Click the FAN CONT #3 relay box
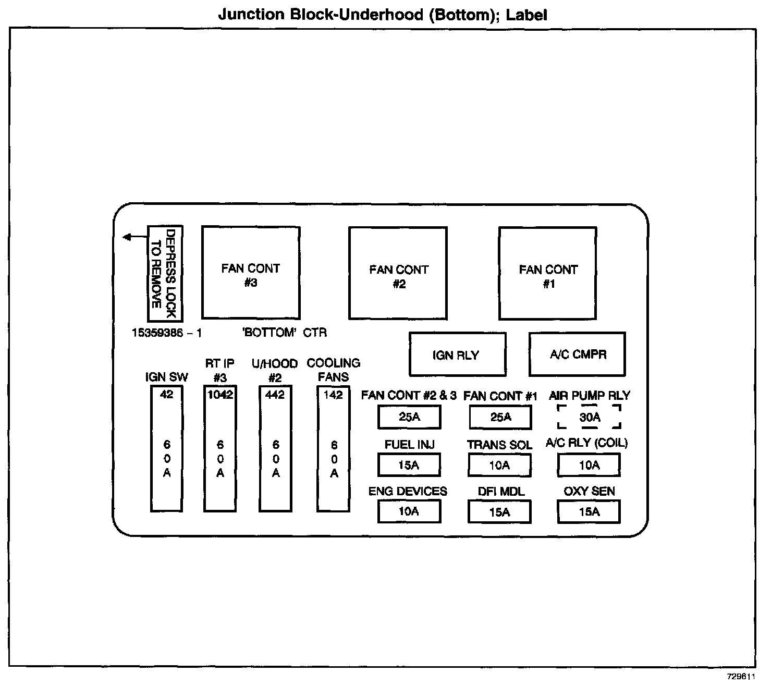point(251,273)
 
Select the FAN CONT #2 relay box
point(398,273)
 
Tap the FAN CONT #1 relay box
point(548,273)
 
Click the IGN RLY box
point(457,354)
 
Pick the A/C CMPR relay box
point(577,354)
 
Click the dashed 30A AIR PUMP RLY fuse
point(590,417)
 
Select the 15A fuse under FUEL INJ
point(409,465)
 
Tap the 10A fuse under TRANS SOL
point(499,465)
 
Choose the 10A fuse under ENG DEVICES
point(409,511)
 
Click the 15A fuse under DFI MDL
point(499,512)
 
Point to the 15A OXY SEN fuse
point(589,512)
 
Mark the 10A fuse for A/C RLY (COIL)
point(589,465)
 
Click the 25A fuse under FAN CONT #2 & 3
point(409,417)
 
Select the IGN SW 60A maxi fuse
point(167,449)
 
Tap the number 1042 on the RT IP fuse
point(220,395)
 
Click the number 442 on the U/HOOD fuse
point(275,395)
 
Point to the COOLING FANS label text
point(334,370)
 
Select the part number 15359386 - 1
point(167,333)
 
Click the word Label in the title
point(526,14)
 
